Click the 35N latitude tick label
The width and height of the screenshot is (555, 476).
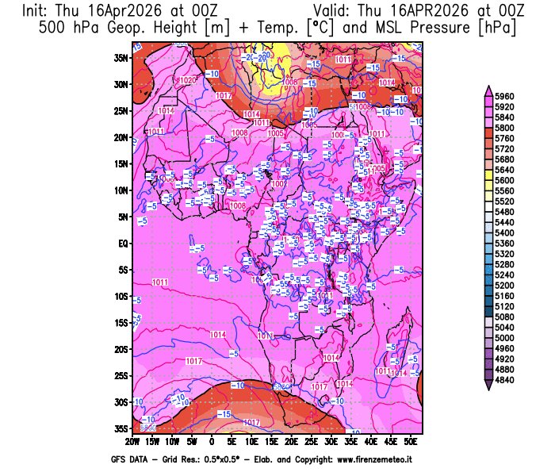coord(121,57)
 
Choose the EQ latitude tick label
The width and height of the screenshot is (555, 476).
coord(124,243)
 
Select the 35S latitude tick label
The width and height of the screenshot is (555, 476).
coord(121,428)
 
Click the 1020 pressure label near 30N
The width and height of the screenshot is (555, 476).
coord(189,80)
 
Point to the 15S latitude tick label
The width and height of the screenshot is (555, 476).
coord(121,323)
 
